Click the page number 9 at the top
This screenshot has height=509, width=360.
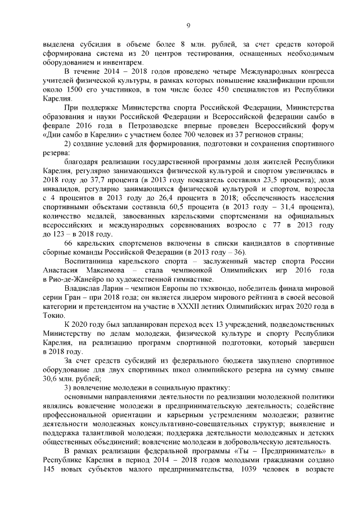point(188,25)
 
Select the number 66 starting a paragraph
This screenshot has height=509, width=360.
point(70,244)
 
